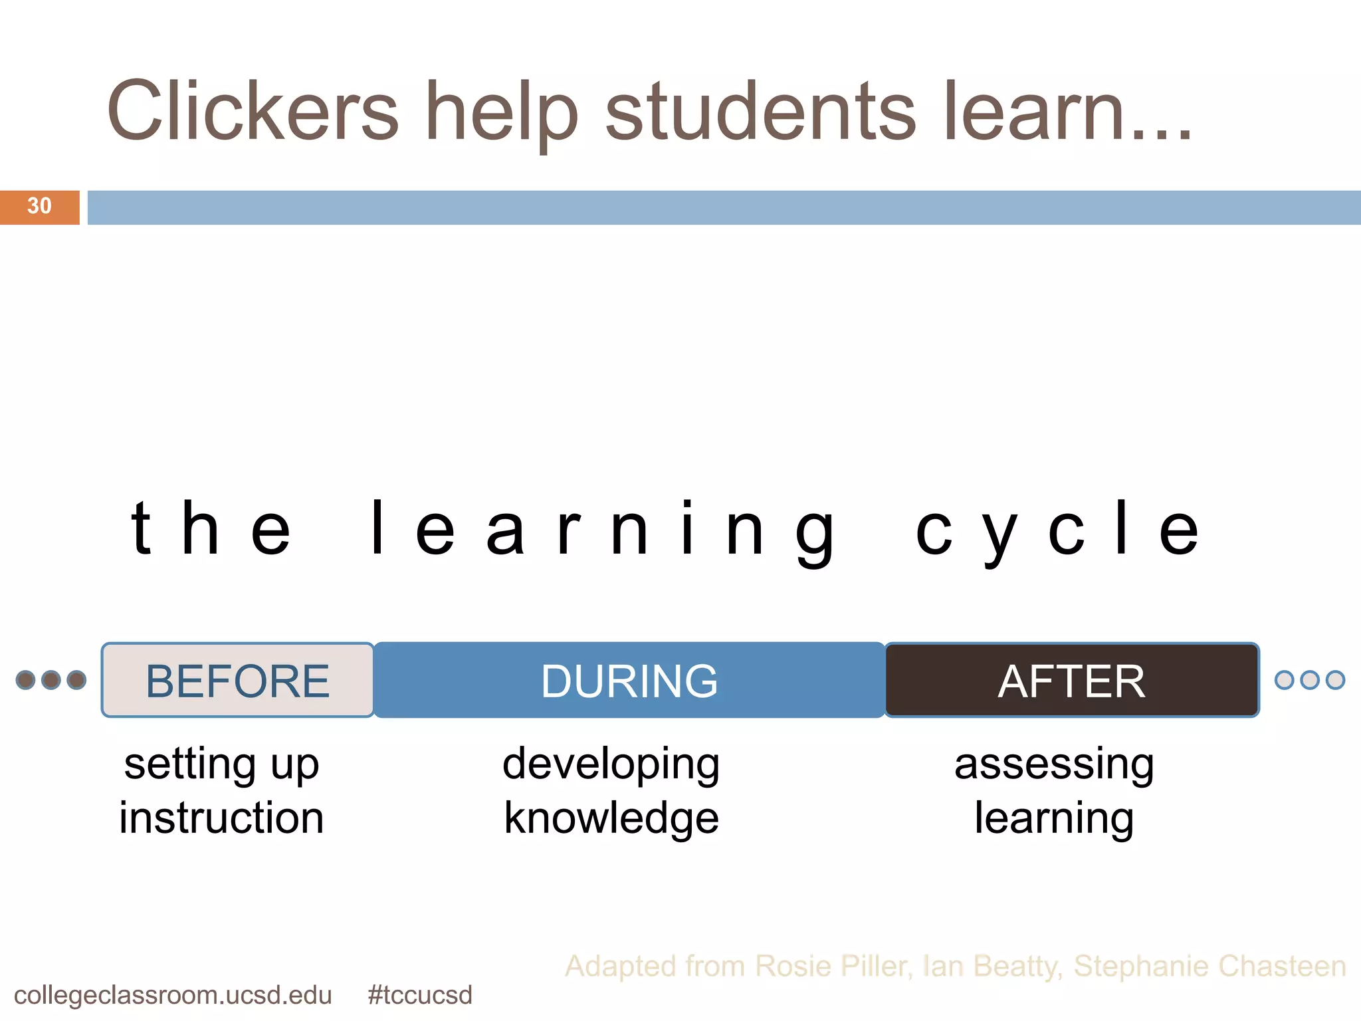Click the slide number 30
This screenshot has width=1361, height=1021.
tap(39, 206)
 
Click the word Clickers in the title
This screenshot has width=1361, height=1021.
tap(253, 111)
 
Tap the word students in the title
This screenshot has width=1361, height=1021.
tap(761, 111)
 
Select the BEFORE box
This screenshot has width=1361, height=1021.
tap(237, 681)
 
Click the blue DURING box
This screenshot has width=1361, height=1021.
tap(629, 681)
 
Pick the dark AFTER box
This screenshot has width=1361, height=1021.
tap(1071, 681)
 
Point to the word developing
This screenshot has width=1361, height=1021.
tap(611, 764)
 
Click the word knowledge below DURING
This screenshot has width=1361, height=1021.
tap(611, 818)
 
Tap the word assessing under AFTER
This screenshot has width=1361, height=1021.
tap(1054, 764)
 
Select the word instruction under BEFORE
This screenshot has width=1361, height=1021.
tap(221, 818)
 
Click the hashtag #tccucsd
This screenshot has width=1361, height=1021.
tap(419, 995)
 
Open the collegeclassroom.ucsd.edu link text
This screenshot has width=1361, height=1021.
tap(173, 995)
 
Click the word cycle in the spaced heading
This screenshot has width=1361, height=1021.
tap(1057, 530)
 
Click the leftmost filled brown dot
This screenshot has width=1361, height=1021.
tap(25, 680)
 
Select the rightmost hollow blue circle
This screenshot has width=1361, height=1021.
tap(1335, 680)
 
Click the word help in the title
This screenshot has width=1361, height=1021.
tap(502, 111)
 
